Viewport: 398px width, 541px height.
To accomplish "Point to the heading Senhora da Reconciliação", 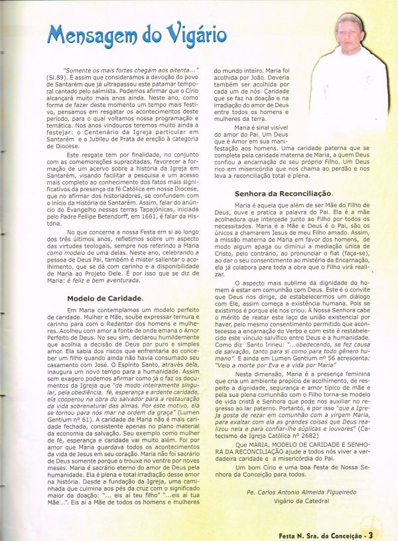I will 283,194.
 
